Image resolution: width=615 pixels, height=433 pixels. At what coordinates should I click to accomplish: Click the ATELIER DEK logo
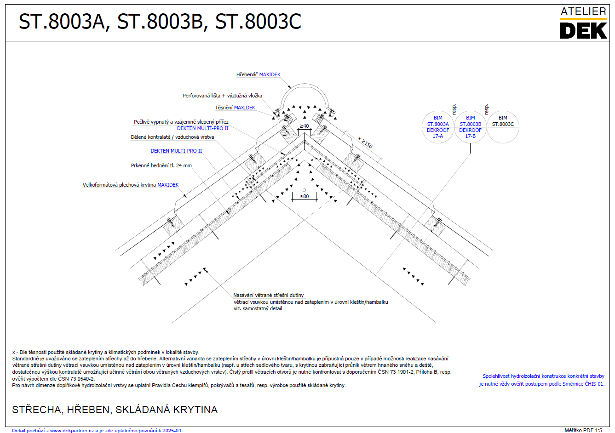point(583,23)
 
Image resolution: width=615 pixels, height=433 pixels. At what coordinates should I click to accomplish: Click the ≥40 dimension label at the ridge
point(304,126)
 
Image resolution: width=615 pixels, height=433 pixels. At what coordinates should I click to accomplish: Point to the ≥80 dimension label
point(304,196)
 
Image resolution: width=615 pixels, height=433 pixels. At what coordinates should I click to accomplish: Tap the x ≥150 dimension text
point(365,142)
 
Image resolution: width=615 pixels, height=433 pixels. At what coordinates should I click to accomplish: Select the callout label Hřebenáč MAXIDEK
point(259,74)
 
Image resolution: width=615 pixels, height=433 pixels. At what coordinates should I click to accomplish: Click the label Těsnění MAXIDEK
point(235,108)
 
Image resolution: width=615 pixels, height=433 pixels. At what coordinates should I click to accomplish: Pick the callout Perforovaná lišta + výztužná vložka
point(222,96)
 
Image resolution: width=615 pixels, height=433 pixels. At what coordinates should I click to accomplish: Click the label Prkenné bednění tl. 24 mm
point(161,165)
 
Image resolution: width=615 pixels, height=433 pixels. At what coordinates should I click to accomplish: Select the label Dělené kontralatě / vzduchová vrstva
point(172,137)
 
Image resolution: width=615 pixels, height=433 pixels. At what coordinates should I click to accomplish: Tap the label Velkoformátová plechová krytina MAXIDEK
point(131,185)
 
